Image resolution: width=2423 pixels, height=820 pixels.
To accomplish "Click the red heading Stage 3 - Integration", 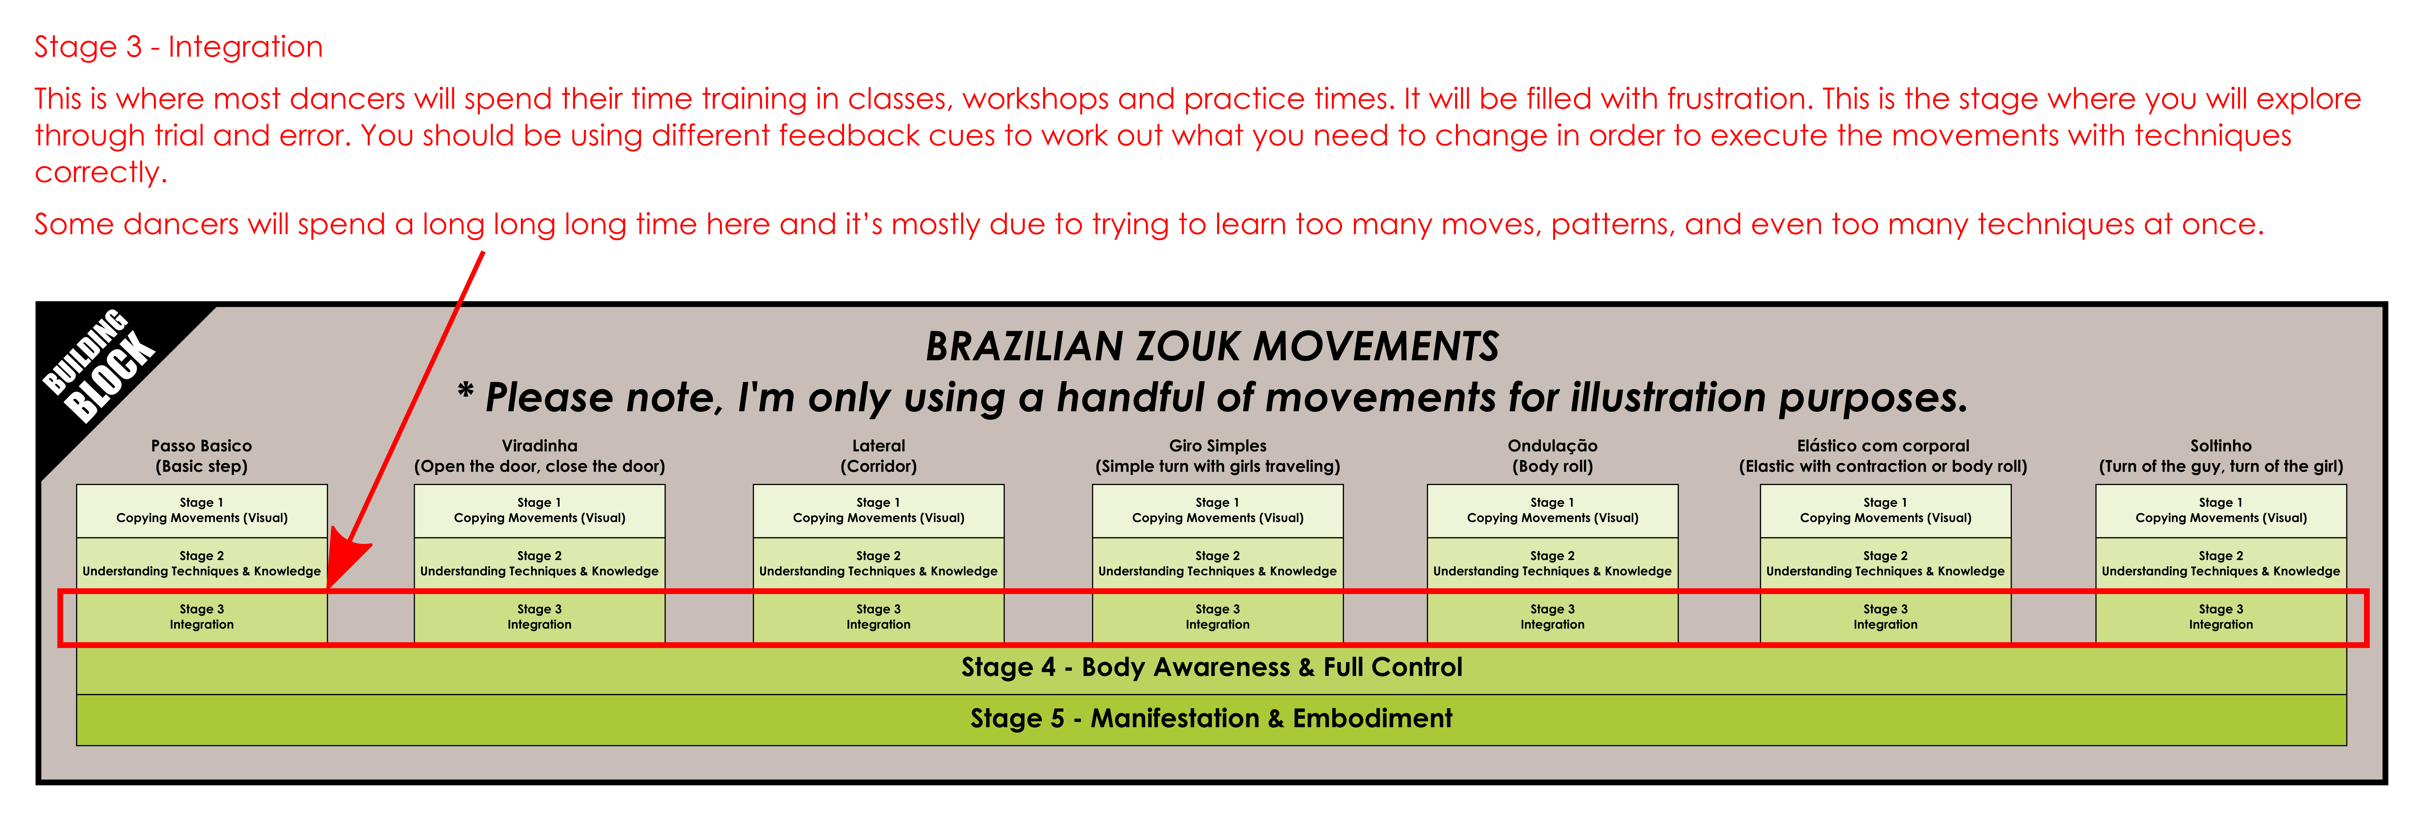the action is point(179,47).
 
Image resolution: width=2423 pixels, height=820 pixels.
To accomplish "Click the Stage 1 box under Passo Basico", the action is point(201,511).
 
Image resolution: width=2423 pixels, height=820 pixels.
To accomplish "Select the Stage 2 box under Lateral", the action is point(878,564).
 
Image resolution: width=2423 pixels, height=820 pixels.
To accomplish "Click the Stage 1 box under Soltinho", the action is point(2221,511).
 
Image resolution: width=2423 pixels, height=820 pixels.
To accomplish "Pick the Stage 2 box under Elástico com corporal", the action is point(1885,564).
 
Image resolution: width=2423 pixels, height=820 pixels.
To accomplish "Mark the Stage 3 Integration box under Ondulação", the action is point(1552,617).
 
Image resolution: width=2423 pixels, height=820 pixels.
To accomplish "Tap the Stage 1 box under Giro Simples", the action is point(1217,511).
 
